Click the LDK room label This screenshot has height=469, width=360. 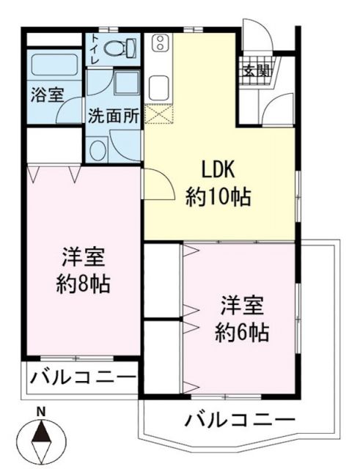217,169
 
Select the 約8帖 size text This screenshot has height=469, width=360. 84,284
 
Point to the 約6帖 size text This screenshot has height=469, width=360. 241,331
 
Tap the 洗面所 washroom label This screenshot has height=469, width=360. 114,115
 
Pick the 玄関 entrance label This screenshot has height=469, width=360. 256,71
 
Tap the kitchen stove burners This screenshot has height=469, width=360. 158,45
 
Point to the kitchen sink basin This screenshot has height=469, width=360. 158,86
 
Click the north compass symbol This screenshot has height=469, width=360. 42,440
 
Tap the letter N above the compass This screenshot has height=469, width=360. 42,411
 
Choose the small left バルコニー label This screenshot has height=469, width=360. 83,378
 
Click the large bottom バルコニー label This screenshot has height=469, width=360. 240,421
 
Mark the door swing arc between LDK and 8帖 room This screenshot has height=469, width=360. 153,180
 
